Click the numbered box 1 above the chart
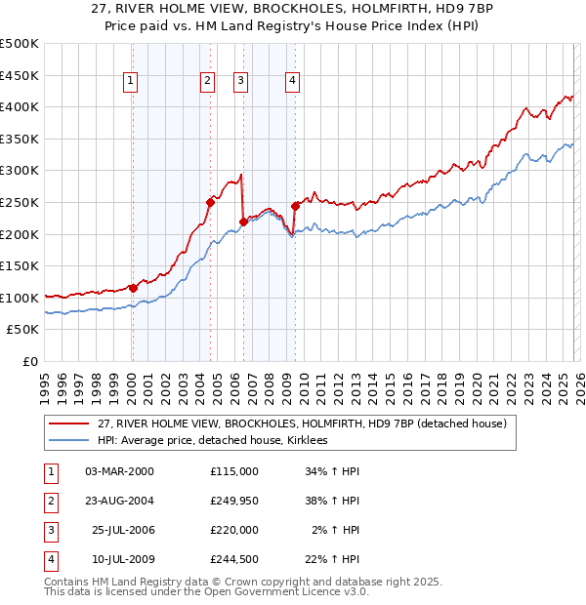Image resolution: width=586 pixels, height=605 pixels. [132, 82]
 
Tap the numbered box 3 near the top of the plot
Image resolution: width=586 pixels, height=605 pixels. [241, 82]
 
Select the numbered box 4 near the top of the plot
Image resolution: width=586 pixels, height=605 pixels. [292, 82]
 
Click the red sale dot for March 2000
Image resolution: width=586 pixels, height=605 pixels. [133, 288]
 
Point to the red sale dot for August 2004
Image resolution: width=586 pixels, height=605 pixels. [210, 202]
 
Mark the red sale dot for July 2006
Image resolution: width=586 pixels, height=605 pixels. [243, 222]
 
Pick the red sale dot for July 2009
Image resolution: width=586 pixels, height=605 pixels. [294, 206]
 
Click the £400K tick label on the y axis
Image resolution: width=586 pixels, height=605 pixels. [20, 107]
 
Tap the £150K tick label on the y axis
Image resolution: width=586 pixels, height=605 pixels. [20, 265]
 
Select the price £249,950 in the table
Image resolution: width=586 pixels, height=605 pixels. [234, 501]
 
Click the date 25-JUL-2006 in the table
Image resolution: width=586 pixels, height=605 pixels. [122, 530]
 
